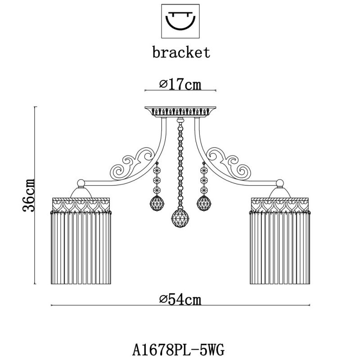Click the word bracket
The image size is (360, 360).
pos(181,52)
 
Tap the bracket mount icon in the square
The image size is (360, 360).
pos(180,21)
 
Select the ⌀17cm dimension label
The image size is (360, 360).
pos(180,84)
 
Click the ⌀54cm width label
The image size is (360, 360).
pos(180,299)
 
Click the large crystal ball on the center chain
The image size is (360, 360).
pos(180,219)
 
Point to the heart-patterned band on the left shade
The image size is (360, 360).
pos(81,205)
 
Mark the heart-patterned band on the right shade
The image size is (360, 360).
pos(279,205)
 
